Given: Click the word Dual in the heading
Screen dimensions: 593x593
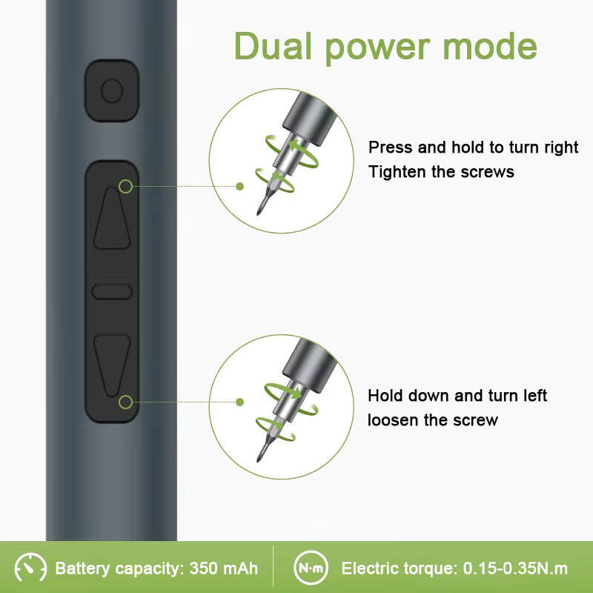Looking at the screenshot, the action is (x=273, y=46).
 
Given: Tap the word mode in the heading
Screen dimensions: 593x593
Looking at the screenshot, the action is (x=490, y=47).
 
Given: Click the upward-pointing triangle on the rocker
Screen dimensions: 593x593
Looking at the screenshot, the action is (x=112, y=218).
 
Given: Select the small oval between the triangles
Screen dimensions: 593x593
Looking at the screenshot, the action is (x=112, y=291).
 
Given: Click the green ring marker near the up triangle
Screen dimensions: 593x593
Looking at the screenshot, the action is (x=125, y=187).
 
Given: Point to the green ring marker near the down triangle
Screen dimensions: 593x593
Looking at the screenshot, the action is (x=125, y=402).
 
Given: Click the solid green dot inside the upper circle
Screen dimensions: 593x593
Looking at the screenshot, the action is (x=239, y=187).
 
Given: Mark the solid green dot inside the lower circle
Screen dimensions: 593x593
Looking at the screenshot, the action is (x=239, y=402).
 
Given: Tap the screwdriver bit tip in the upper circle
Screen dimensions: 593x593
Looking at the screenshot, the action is (x=258, y=214).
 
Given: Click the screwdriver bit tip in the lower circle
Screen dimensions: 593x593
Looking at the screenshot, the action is (x=258, y=460).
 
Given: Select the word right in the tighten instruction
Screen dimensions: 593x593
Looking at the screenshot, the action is (x=561, y=148).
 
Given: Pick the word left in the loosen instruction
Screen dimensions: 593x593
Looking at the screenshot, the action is (x=535, y=396).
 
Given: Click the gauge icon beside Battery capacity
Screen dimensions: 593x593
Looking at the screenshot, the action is (x=30, y=567).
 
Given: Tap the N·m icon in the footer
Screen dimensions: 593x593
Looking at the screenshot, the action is (x=311, y=568).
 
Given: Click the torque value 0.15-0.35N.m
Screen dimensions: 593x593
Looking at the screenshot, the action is (x=515, y=569).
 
